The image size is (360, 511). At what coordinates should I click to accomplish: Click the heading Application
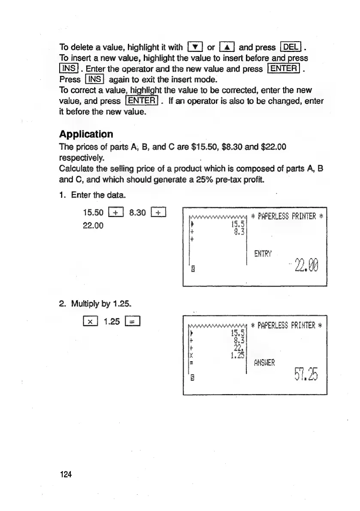[86, 134]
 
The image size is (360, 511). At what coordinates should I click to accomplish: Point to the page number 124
[66, 474]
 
